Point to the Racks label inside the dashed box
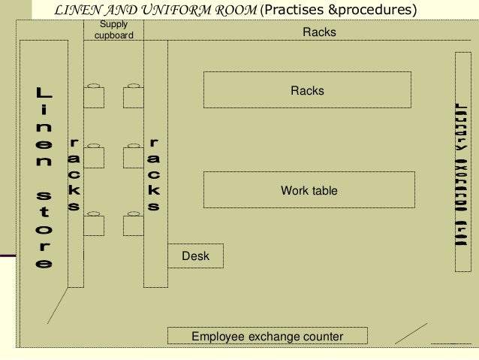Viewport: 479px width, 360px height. (307, 90)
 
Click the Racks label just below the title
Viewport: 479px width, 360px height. (319, 32)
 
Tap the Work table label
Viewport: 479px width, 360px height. (309, 191)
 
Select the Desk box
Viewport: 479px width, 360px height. (195, 256)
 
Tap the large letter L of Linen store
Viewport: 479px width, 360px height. (44, 95)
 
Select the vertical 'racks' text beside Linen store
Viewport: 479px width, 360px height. (74, 174)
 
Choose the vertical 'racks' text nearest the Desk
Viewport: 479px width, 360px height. (154, 174)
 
